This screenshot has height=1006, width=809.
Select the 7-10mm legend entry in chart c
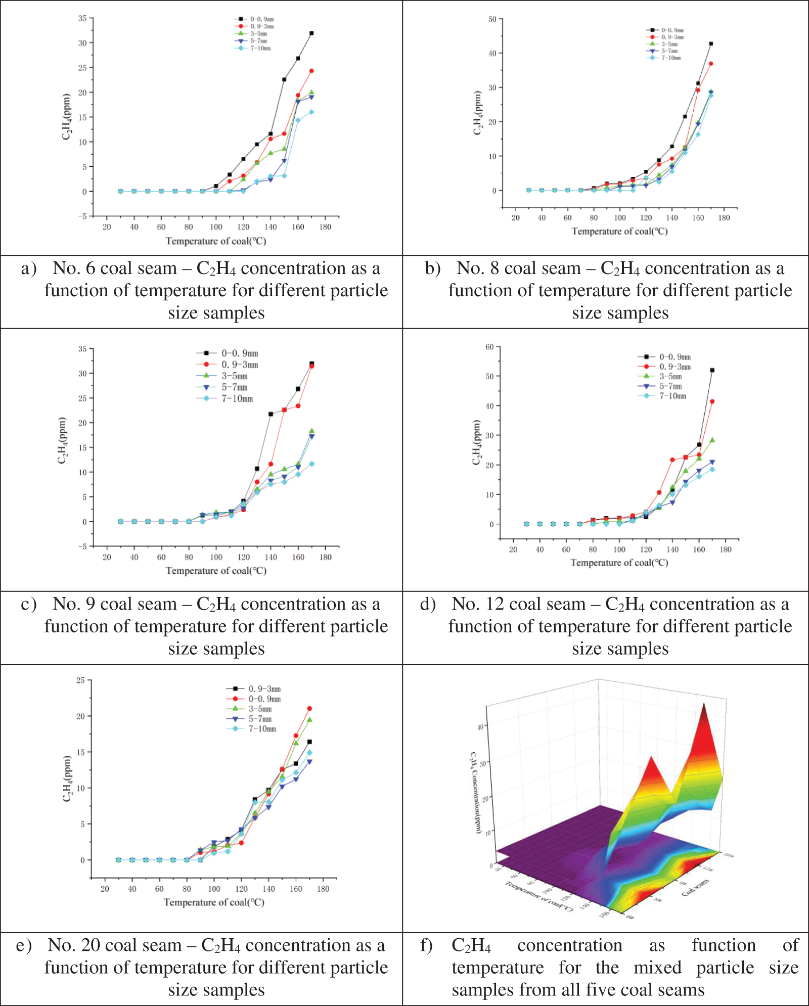click(237, 399)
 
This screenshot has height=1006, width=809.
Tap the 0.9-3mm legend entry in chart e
click(264, 689)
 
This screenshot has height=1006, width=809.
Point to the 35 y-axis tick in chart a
click(82, 19)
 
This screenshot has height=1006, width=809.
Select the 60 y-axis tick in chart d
click(489, 347)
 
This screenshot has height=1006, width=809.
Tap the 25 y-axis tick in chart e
click(80, 680)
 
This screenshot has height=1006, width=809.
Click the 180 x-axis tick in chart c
click(326, 558)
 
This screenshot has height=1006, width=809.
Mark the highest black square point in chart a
click(311, 33)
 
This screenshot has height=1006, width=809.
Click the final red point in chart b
click(711, 64)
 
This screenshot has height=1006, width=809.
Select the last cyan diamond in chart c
click(311, 464)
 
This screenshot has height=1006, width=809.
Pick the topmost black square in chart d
click(712, 371)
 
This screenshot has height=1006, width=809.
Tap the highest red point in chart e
click(309, 709)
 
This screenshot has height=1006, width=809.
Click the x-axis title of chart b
click(619, 232)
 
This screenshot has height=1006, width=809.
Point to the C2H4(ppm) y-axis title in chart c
click(62, 440)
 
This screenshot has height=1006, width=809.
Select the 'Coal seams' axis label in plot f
click(696, 888)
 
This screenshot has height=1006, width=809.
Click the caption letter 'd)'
click(428, 605)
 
